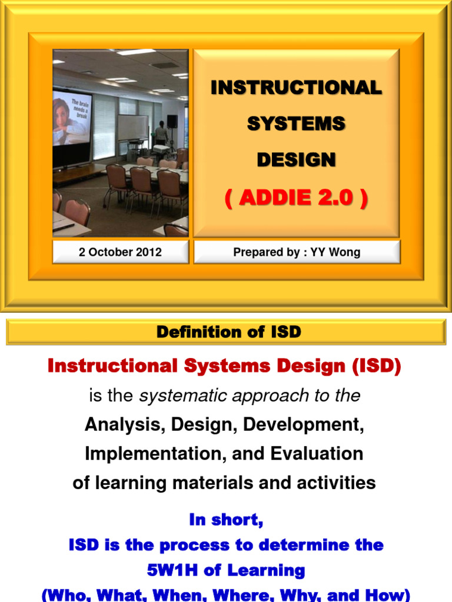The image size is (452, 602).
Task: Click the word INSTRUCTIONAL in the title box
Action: (x=296, y=88)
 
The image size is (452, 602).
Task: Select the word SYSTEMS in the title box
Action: (x=296, y=124)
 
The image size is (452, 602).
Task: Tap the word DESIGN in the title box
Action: (x=296, y=159)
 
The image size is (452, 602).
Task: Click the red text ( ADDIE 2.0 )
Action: (x=296, y=199)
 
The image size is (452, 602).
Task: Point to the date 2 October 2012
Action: (x=120, y=253)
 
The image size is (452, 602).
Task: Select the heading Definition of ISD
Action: (x=228, y=332)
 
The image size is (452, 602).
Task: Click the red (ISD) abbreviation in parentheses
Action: (x=377, y=366)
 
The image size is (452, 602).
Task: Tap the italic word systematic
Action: (x=183, y=396)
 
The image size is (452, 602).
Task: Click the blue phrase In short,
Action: (x=226, y=520)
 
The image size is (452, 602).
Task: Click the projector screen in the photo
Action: (x=72, y=121)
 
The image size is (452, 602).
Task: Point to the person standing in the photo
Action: (x=161, y=134)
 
